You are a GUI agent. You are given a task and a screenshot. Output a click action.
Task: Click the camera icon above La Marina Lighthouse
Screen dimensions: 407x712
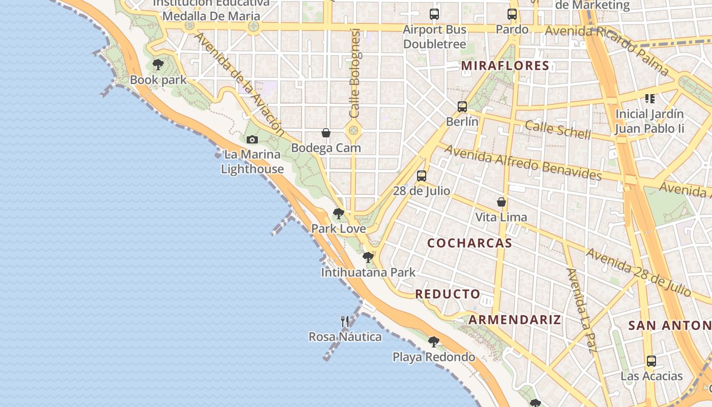[x=252, y=139]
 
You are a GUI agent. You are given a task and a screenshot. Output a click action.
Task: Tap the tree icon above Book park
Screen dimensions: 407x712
[x=158, y=65]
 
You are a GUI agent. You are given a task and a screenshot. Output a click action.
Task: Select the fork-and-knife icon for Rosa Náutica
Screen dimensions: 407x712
[x=345, y=321]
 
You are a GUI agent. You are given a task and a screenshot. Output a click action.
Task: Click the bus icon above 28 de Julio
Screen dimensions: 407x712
[x=421, y=176]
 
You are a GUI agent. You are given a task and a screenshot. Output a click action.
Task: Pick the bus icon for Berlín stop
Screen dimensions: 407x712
[x=462, y=107]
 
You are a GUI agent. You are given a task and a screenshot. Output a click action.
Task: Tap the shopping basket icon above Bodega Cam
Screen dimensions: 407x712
[x=326, y=133]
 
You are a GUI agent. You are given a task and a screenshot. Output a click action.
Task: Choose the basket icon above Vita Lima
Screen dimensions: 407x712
[x=501, y=202]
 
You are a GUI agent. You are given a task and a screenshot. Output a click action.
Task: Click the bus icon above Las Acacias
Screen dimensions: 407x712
[x=651, y=361]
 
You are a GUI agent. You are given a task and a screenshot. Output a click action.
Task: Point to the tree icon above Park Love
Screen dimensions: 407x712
[x=338, y=214]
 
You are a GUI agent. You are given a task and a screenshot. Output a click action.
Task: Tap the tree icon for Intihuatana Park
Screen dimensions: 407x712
[x=368, y=257]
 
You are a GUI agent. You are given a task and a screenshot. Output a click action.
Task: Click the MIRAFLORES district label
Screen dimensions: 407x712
[x=505, y=66]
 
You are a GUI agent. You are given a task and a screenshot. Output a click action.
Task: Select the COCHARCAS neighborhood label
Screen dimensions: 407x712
[x=469, y=243]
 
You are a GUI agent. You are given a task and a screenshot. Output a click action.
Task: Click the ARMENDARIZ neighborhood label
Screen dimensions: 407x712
[x=515, y=320]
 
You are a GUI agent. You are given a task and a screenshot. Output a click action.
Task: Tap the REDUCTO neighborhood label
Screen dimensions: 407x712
[x=448, y=294]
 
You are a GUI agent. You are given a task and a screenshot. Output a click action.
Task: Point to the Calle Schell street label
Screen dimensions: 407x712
[x=558, y=130]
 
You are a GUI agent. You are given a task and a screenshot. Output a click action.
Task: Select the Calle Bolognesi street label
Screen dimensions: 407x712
[x=354, y=73]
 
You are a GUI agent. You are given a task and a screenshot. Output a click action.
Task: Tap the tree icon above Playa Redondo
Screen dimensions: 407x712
[x=433, y=341]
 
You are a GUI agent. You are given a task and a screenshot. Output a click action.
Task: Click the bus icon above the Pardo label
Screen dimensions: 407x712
[x=512, y=14]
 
